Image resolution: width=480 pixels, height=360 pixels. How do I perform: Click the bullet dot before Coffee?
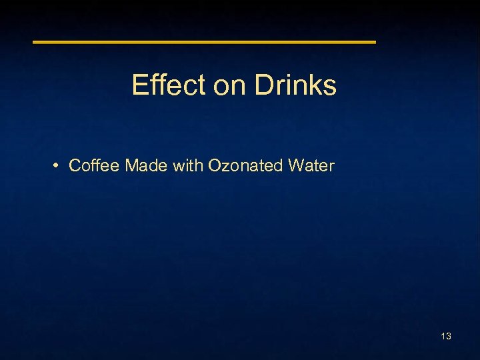tap(58, 165)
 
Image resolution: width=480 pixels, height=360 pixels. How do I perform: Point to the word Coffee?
tap(94, 165)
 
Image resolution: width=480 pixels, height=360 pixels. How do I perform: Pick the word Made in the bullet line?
tap(146, 165)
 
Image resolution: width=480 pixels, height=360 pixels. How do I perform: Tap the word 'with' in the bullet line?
tap(188, 165)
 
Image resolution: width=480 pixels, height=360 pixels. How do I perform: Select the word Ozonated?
tap(246, 165)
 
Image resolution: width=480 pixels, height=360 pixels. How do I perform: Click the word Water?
tap(311, 165)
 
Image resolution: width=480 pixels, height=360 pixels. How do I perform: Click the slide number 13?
tap(446, 336)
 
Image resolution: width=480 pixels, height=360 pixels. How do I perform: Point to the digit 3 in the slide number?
tap(449, 336)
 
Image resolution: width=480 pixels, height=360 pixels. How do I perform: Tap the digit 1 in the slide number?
tap(443, 336)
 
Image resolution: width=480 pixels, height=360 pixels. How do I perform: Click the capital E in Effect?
tap(139, 85)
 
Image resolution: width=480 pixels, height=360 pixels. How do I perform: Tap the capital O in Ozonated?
tap(215, 165)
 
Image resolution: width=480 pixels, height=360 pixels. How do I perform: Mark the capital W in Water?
tap(296, 165)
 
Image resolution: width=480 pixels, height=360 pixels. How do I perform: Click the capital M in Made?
tap(131, 165)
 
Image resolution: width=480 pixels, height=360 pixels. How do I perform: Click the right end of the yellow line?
tap(375, 42)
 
